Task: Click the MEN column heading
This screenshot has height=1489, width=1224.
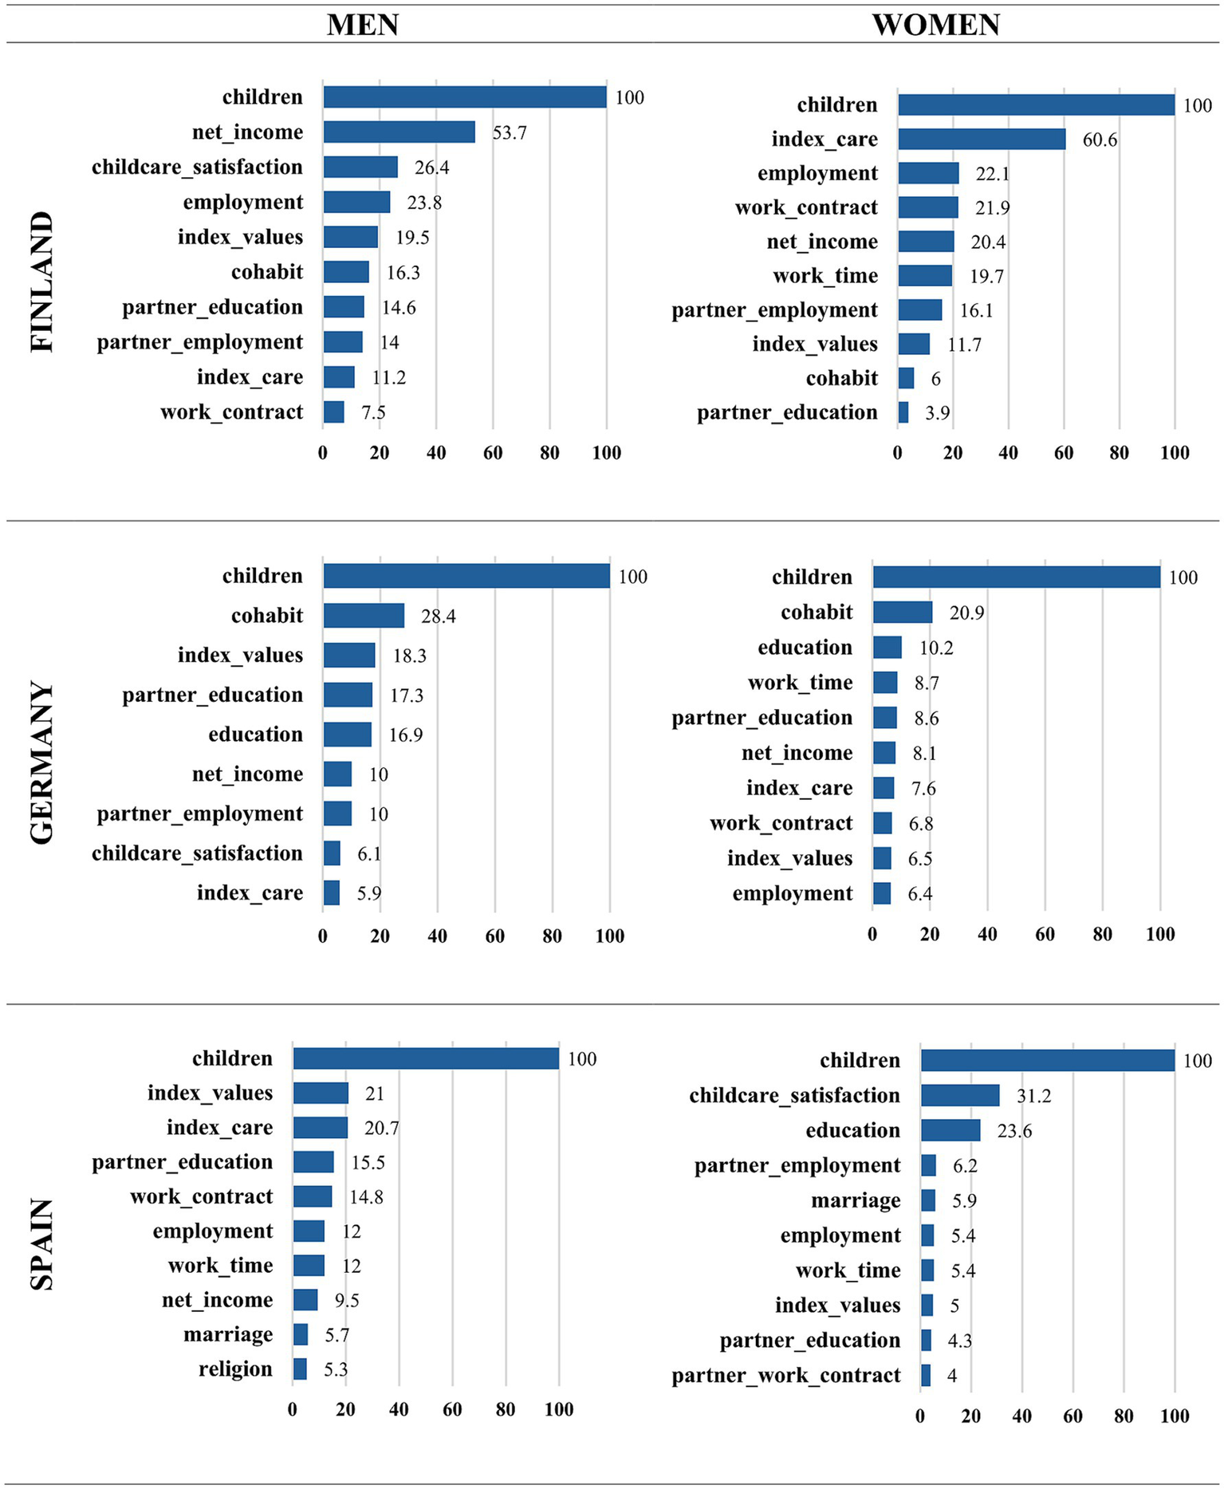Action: (363, 25)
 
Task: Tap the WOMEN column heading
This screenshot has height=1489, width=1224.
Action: (935, 25)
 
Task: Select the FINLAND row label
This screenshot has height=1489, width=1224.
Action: (41, 282)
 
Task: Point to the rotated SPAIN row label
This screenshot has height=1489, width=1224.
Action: (41, 1244)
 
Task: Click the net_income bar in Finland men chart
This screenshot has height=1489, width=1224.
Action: (399, 132)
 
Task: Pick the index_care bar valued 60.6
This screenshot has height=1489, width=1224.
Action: (981, 140)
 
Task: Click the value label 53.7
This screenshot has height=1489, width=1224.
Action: (510, 133)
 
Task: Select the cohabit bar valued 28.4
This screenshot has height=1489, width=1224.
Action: (364, 616)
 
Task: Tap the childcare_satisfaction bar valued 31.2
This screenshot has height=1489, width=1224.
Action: (959, 1096)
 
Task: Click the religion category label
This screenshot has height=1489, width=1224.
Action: (235, 1369)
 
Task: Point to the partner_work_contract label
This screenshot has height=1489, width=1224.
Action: (785, 1376)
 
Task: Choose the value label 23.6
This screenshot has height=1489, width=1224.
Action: (1014, 1132)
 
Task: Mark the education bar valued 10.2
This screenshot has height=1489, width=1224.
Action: (887, 648)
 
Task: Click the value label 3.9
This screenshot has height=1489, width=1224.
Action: (937, 413)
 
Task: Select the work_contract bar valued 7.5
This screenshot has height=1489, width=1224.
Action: (334, 412)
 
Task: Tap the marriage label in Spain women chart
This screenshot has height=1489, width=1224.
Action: (856, 1201)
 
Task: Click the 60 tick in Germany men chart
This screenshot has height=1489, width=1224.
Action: (494, 936)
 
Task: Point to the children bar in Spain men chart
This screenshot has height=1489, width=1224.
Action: (425, 1059)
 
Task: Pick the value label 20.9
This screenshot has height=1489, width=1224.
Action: (966, 613)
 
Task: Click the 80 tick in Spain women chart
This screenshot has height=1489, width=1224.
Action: (1124, 1416)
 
